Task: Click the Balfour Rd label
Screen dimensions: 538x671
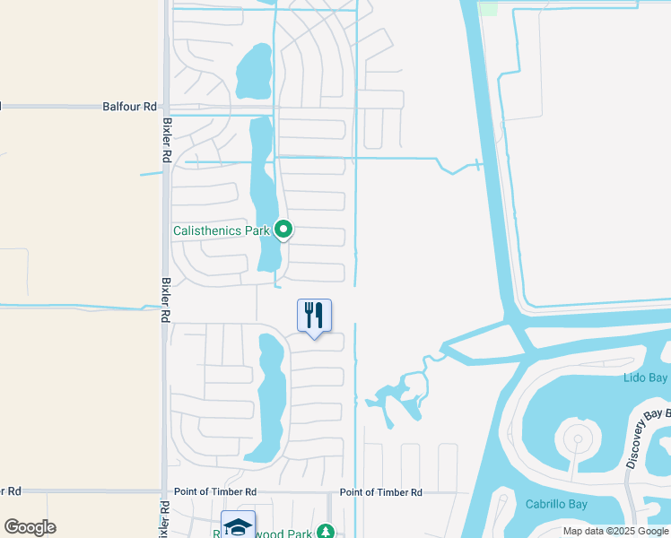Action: tap(128, 106)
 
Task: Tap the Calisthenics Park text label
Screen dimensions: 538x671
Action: tap(221, 230)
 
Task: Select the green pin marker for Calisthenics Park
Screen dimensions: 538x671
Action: tap(283, 230)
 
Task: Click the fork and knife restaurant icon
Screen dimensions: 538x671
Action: tap(314, 316)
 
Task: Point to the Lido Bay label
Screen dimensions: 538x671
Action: tap(645, 378)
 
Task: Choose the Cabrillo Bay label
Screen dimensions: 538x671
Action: tap(556, 504)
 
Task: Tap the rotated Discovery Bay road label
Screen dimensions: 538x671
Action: tap(648, 438)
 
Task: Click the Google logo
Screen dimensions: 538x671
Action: tap(30, 527)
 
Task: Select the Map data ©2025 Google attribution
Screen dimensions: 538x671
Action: tap(615, 531)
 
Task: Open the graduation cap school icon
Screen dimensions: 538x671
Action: tap(238, 526)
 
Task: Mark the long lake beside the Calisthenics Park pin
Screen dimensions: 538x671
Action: tap(264, 193)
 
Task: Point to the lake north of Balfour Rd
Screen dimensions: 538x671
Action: tap(254, 70)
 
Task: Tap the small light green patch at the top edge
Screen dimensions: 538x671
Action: tap(488, 7)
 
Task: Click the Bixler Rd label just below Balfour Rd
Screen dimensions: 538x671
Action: tap(167, 139)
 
